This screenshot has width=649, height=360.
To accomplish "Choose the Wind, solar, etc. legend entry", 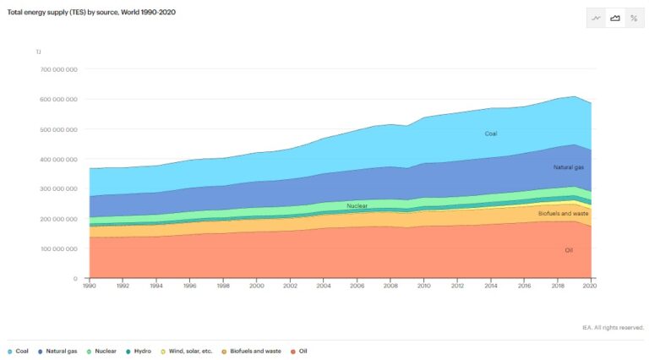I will [186, 351].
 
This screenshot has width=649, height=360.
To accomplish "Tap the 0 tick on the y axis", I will [76, 279].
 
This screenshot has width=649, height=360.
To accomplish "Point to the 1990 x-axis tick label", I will [90, 287].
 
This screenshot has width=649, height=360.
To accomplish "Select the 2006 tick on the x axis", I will [357, 287].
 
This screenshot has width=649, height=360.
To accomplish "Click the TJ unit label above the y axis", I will [38, 52].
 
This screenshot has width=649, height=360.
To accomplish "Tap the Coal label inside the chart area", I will [491, 134].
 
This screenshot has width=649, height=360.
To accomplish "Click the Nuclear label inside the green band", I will [357, 205].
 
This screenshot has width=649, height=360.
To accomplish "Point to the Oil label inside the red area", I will [569, 250].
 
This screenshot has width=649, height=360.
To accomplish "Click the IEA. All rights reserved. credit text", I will [613, 327].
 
